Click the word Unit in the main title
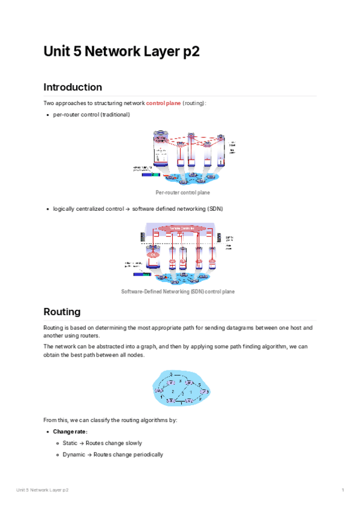coord(56,52)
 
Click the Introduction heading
coord(73,87)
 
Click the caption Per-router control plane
coord(182,193)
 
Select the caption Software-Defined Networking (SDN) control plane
coord(178,292)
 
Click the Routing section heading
coord(62,312)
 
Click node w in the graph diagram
coord(188,382)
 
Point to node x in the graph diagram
coord(172,400)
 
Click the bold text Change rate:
coord(70,432)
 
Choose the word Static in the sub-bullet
coord(71,443)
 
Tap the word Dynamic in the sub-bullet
coord(74,454)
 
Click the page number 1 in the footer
coord(343,491)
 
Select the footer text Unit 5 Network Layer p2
coord(43,491)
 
